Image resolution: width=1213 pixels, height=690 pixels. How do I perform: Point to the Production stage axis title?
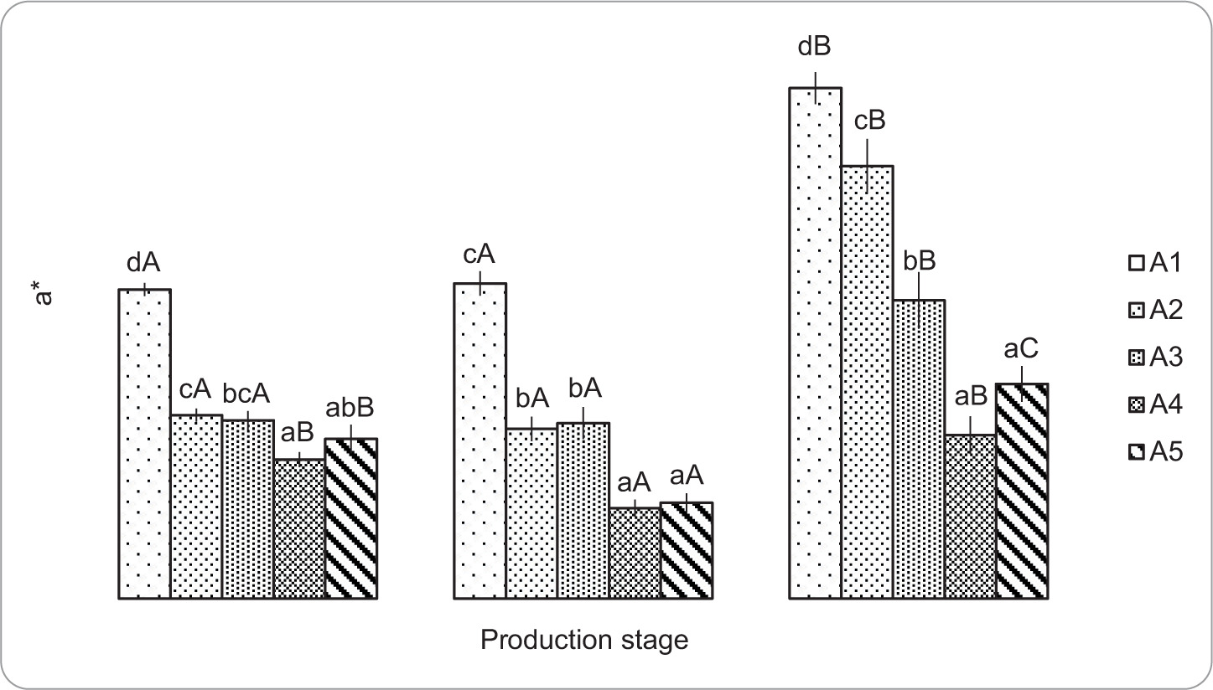(x=584, y=641)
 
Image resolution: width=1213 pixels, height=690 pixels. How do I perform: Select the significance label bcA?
(x=246, y=393)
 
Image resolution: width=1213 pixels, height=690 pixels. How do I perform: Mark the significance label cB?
(x=869, y=122)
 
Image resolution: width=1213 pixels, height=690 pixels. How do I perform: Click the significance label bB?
(x=920, y=260)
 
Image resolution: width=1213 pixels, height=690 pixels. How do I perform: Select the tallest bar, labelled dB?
(x=816, y=343)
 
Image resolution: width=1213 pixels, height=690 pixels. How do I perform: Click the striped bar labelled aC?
(x=1022, y=491)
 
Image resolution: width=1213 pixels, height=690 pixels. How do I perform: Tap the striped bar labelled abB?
(x=350, y=518)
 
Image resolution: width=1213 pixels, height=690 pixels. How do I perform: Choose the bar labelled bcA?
(x=247, y=509)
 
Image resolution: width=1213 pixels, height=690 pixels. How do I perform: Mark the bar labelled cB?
(x=868, y=382)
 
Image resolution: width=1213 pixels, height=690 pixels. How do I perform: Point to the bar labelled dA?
(x=144, y=444)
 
